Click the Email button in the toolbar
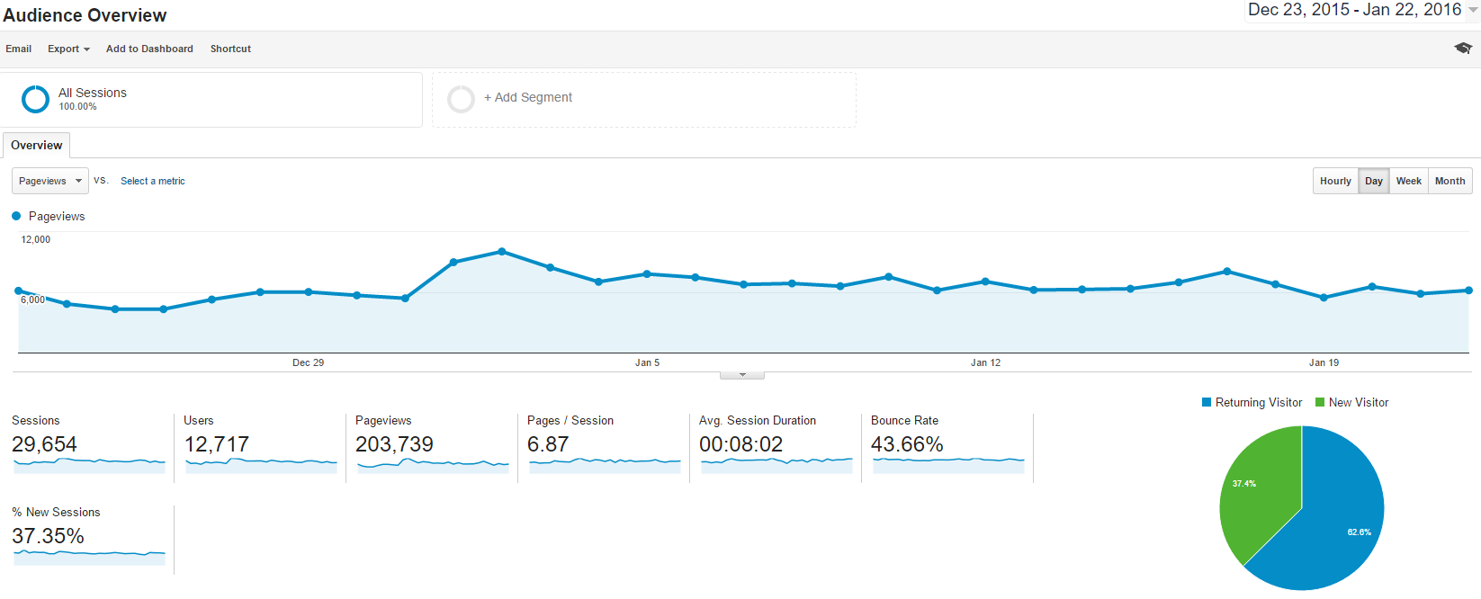tap(18, 49)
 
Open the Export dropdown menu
tap(68, 49)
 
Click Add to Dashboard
tap(149, 49)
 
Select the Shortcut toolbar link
tap(230, 49)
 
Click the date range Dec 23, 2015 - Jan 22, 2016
tap(1354, 10)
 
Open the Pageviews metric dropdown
tap(50, 181)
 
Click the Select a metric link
tap(153, 181)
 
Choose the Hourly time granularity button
tap(1335, 181)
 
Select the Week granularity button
tap(1408, 181)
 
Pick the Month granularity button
tap(1450, 181)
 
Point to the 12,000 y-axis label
tap(36, 239)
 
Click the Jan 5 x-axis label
tap(647, 362)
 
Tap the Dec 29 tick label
tap(308, 362)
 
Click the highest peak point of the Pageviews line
tap(502, 252)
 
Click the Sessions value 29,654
tap(44, 444)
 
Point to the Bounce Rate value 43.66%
tap(907, 444)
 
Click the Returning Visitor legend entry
tap(1252, 402)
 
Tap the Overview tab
tap(37, 146)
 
